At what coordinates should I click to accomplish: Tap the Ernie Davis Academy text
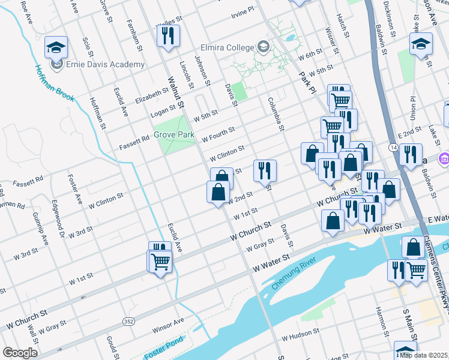(x=105, y=64)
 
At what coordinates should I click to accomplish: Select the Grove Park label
(x=174, y=134)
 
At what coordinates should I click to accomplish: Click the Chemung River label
(x=293, y=273)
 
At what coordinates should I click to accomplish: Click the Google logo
(x=20, y=353)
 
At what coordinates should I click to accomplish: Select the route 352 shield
(x=128, y=322)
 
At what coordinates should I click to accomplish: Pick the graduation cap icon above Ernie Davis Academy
(x=56, y=46)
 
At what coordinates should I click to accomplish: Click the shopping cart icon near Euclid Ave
(x=160, y=261)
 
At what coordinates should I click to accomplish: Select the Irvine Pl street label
(x=243, y=11)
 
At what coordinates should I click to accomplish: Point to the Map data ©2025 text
(x=423, y=355)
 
